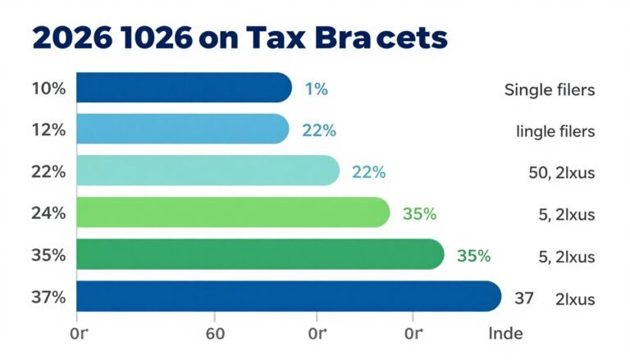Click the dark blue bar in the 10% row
coord(184,87)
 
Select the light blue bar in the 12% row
coord(182,130)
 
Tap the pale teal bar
coord(207,171)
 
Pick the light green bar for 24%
coord(232,213)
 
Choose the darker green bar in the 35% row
coord(259,255)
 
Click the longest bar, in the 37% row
coord(287,297)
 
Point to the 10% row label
coord(48,88)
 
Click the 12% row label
coord(48,130)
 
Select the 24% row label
coord(48,214)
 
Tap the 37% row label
coord(48,298)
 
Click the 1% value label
coord(316,89)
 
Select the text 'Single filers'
coord(549,89)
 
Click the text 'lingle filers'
coord(555,131)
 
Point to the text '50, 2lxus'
coord(561,173)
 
